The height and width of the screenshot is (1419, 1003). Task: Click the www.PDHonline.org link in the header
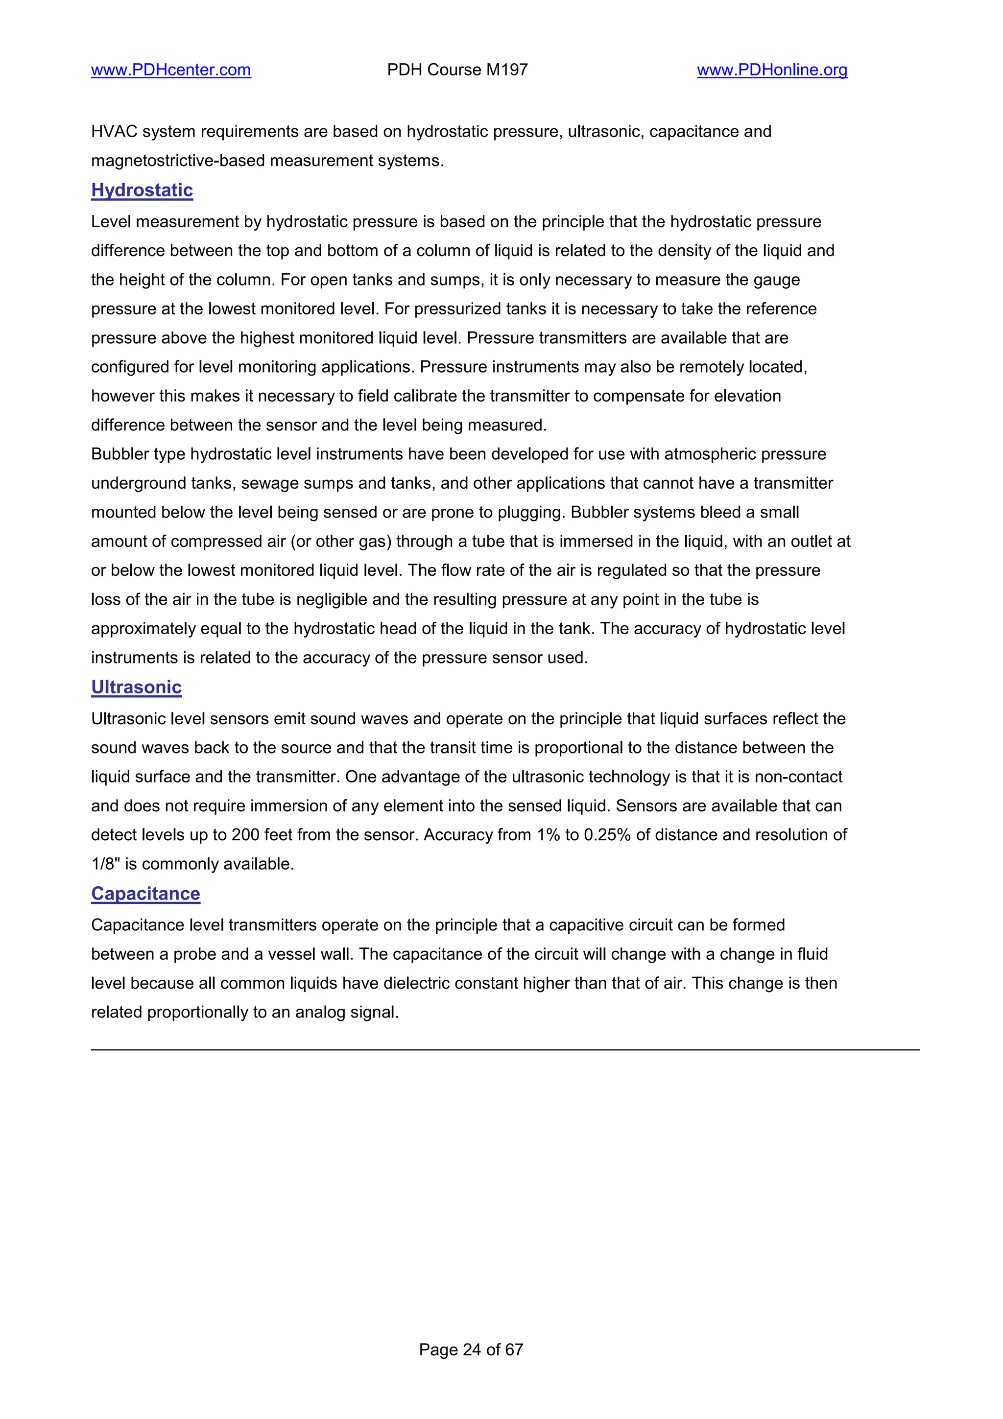[772, 70]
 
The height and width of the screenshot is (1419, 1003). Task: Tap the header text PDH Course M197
[457, 70]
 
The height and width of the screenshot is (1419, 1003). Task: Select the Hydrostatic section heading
[142, 190]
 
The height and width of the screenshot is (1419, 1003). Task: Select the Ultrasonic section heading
[137, 687]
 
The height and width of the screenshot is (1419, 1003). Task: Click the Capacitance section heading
[146, 894]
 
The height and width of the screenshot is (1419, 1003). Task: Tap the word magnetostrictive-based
[178, 161]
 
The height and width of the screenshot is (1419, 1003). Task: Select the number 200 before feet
[245, 835]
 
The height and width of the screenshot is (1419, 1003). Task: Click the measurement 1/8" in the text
[105, 864]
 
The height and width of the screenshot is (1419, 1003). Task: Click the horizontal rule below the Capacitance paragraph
[505, 1049]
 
